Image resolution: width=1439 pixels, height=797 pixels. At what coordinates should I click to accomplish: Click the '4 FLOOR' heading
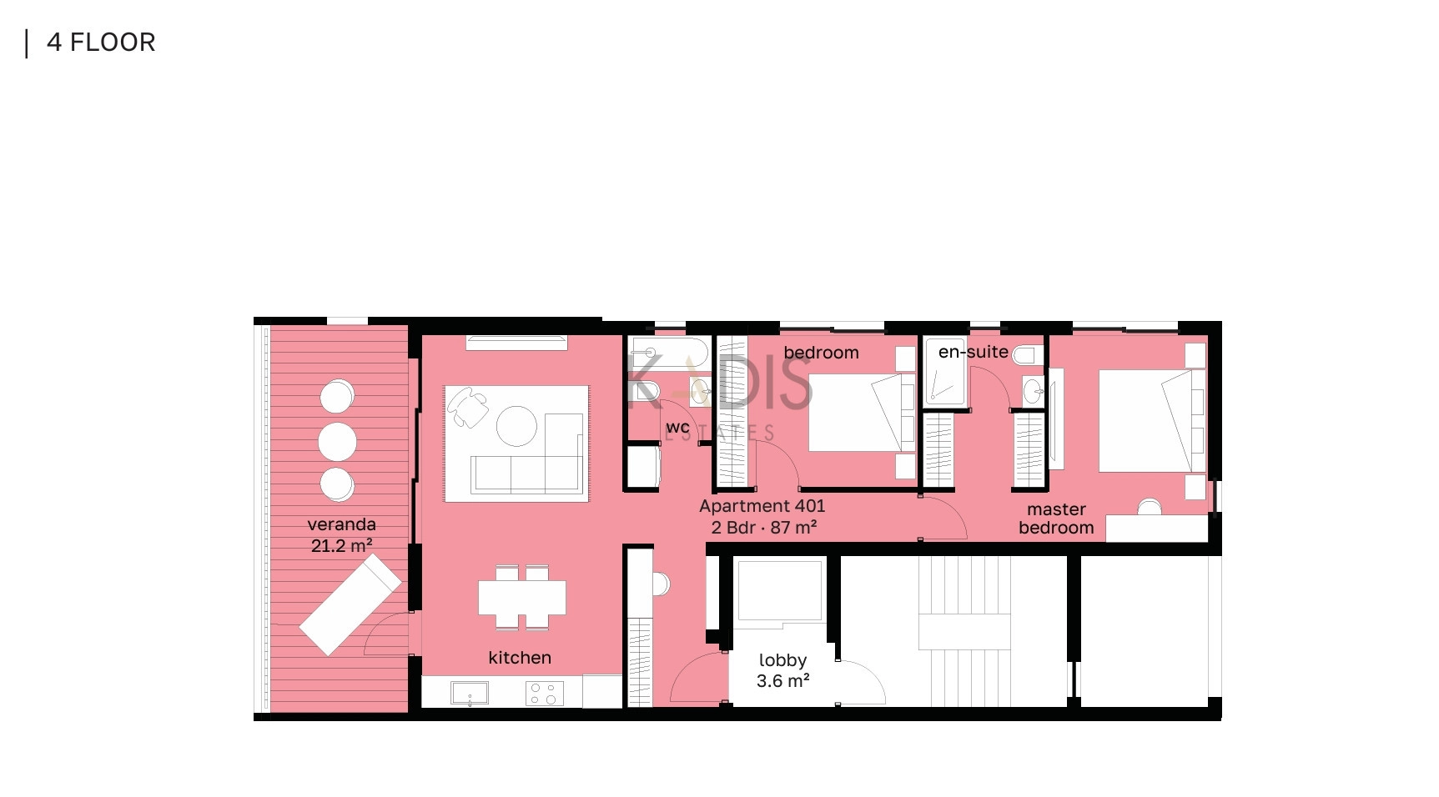tap(101, 43)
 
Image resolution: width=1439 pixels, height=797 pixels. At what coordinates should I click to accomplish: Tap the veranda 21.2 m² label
tap(341, 535)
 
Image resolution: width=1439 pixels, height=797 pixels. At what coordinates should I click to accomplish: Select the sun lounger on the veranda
tap(350, 604)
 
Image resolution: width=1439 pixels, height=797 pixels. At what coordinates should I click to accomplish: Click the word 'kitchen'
tap(520, 658)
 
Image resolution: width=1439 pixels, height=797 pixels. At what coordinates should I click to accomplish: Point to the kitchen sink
tap(470, 693)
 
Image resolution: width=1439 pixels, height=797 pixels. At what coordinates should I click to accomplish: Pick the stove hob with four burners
tap(544, 693)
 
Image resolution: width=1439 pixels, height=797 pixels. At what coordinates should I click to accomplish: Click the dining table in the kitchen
tap(522, 597)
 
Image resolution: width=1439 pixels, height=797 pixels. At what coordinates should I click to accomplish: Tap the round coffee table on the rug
tap(517, 426)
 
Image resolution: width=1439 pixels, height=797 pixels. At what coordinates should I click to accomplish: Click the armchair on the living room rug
tap(468, 407)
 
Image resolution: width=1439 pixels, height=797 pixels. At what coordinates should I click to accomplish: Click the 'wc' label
tap(677, 428)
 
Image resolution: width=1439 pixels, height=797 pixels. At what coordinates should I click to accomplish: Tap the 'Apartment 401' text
tap(762, 506)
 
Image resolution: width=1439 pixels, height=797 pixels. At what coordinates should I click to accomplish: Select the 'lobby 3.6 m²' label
tap(782, 671)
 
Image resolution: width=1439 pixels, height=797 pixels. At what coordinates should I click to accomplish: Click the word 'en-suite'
tap(973, 352)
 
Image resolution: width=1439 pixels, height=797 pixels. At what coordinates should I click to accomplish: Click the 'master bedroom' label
tap(1056, 519)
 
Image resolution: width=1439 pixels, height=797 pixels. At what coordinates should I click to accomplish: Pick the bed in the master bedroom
tap(1152, 421)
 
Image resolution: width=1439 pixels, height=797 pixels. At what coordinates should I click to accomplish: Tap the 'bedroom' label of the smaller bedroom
tap(821, 353)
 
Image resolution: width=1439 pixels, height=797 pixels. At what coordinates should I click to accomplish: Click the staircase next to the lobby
tap(964, 631)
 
